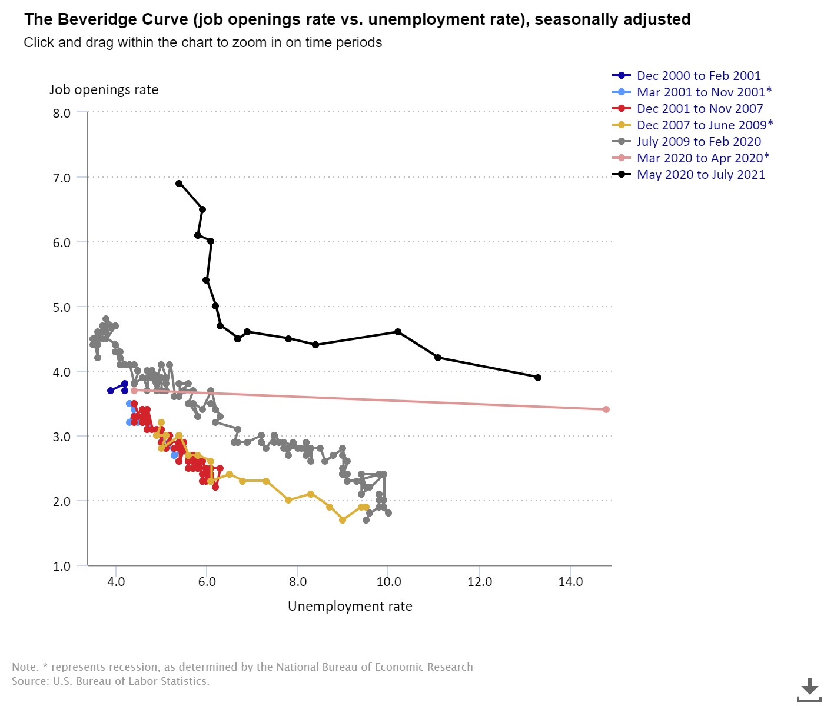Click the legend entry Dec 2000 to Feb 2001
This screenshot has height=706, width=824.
tap(699, 76)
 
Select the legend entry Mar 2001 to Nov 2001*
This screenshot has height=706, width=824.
tap(704, 92)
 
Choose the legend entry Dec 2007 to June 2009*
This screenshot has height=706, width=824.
tap(705, 125)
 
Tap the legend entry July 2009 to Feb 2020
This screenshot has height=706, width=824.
tap(699, 142)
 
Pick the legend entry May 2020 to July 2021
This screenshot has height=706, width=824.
tap(700, 175)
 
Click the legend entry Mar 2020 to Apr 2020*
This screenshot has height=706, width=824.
tap(703, 158)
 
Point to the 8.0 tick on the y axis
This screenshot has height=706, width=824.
tap(61, 113)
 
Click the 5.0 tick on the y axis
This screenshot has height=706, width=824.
tap(61, 307)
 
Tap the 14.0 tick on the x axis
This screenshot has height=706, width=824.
tap(570, 582)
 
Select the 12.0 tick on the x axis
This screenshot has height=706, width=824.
tap(480, 582)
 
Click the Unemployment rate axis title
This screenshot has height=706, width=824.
tap(350, 607)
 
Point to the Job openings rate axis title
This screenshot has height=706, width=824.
tap(104, 90)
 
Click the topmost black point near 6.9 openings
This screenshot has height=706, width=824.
tap(179, 184)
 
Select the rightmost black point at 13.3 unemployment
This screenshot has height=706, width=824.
tap(538, 378)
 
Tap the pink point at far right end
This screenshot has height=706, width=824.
tap(606, 409)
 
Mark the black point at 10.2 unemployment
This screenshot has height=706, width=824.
tap(398, 332)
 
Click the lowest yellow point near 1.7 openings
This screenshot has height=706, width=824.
tap(343, 520)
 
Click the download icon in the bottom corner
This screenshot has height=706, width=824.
tap(810, 688)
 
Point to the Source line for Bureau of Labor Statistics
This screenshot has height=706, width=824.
tap(111, 681)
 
